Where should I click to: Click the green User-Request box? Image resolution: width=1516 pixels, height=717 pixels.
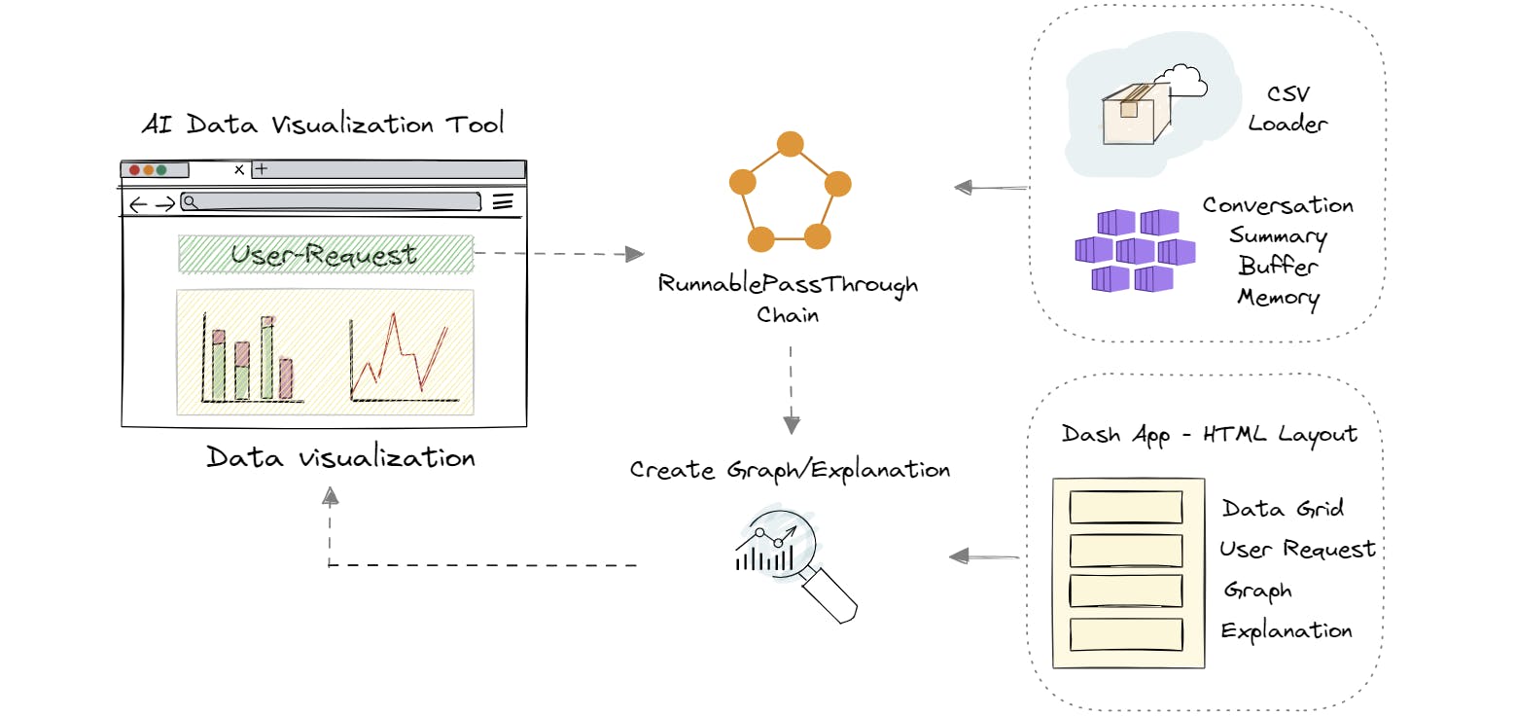click(x=326, y=254)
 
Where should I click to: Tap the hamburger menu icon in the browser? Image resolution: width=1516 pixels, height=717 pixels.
click(x=502, y=202)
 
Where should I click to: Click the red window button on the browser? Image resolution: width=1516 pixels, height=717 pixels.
click(x=134, y=170)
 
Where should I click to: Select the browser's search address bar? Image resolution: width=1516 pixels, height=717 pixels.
click(x=331, y=202)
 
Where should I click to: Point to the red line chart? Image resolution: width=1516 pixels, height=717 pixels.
click(x=401, y=355)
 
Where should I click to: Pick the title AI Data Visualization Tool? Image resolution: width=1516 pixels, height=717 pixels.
click(x=322, y=125)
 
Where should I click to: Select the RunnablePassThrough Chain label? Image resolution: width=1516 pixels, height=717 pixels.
click(x=789, y=299)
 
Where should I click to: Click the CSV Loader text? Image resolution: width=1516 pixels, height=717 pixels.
click(x=1287, y=109)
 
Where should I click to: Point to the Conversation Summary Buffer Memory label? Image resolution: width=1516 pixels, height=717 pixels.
click(x=1278, y=251)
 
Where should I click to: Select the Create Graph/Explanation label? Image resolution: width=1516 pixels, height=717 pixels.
click(x=790, y=470)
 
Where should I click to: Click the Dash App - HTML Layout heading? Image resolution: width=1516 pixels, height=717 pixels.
click(x=1209, y=434)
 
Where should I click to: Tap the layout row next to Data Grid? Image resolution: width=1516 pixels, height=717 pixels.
click(x=1125, y=508)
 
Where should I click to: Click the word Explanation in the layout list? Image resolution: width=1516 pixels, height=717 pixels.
click(x=1286, y=630)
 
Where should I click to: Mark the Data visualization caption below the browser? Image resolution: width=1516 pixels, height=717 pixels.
click(x=340, y=457)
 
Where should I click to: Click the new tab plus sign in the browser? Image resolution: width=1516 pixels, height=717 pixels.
click(x=261, y=169)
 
